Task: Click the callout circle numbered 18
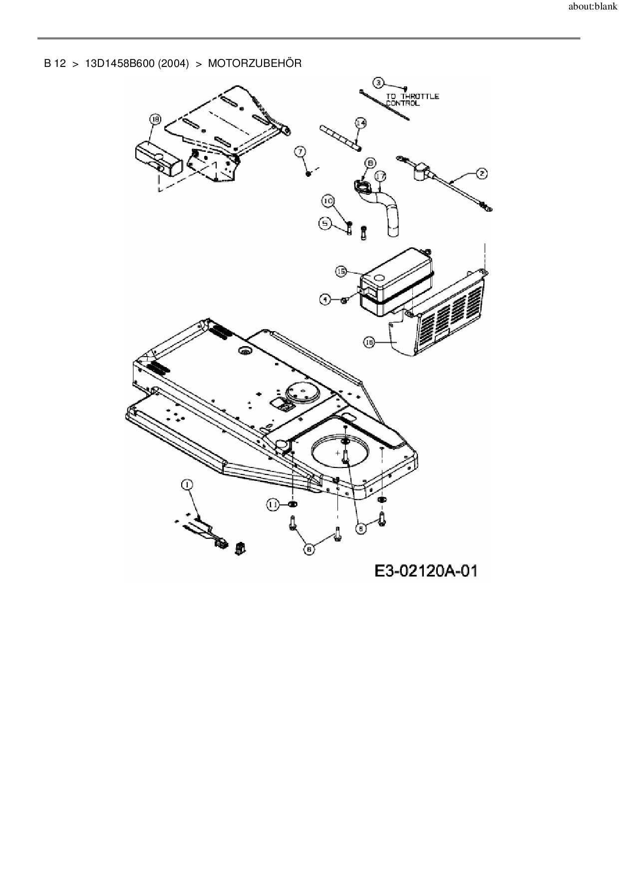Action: click(x=156, y=119)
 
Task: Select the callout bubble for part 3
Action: click(x=379, y=82)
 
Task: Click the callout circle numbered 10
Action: click(x=327, y=201)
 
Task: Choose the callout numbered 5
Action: click(x=325, y=224)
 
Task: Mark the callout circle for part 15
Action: click(x=341, y=271)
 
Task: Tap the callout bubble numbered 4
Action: click(x=325, y=299)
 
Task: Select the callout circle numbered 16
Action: click(x=369, y=342)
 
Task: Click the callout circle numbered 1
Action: click(x=187, y=484)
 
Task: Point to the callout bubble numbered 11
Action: click(x=273, y=505)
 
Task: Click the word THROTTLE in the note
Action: click(x=420, y=96)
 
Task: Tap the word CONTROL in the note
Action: click(x=403, y=103)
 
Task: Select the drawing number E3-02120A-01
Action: click(x=425, y=570)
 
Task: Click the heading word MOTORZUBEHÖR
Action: click(x=255, y=64)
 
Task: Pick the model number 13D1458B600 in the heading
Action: click(x=137, y=64)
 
